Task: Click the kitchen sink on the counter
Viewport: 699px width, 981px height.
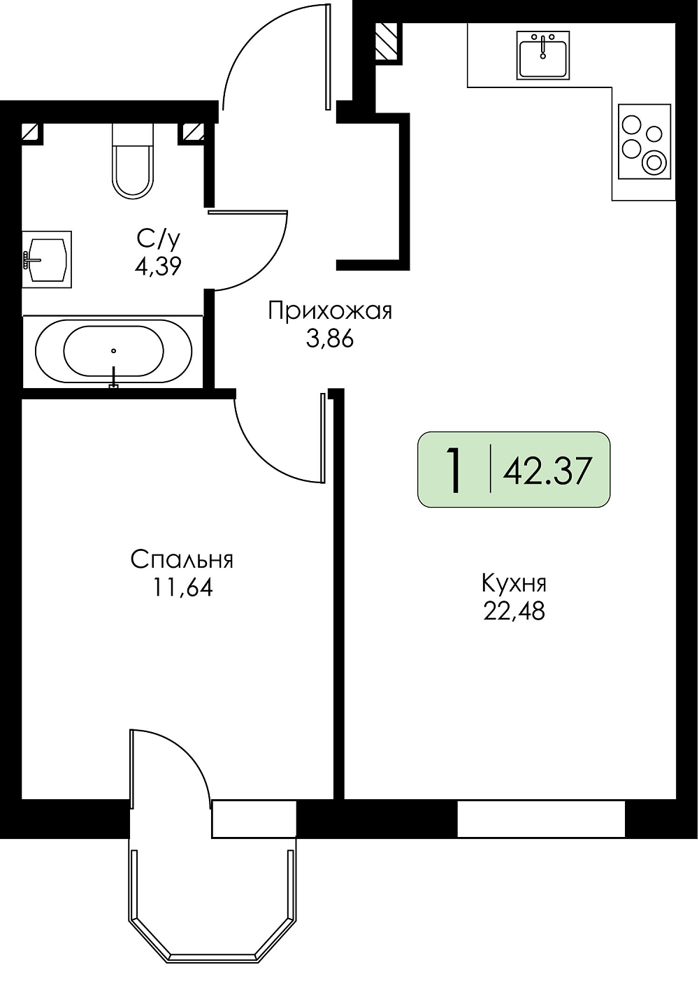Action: point(542,55)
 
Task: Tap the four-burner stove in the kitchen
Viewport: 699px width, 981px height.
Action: point(644,141)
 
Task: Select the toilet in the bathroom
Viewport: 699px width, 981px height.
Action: point(133,161)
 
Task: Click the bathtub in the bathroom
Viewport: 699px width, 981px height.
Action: point(113,351)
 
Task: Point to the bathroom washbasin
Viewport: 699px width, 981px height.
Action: point(47,259)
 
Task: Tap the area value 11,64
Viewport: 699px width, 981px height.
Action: point(182,588)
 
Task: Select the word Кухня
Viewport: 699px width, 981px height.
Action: point(514,585)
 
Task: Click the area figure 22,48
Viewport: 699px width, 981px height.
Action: point(514,611)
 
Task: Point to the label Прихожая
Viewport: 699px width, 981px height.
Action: point(331,312)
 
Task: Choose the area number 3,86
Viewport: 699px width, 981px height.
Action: point(330,339)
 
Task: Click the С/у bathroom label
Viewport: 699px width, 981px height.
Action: point(158,241)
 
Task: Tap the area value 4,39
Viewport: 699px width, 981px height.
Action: point(158,266)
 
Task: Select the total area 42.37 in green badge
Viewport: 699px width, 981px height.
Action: point(547,471)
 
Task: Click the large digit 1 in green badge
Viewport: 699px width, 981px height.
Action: point(454,471)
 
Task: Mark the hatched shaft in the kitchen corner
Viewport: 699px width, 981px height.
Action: point(387,41)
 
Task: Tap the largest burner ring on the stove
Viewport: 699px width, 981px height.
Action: point(654,163)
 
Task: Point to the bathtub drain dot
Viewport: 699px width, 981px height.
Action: point(113,350)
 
